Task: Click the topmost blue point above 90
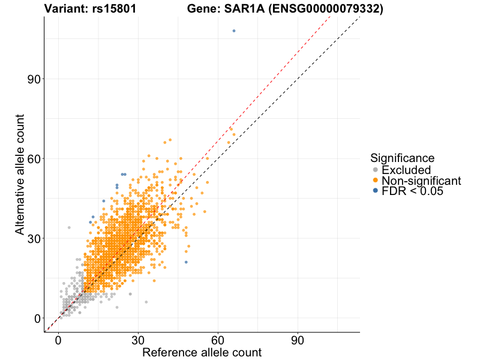(234, 31)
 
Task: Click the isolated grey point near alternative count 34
(69, 227)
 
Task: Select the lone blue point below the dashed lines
(186, 262)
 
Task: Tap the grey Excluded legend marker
(375, 170)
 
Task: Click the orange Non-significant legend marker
(375, 181)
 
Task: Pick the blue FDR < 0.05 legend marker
(375, 191)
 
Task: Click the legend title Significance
(402, 158)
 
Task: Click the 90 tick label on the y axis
(33, 79)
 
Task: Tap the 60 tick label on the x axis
(218, 340)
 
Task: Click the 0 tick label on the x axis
(58, 340)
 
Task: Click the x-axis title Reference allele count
(202, 352)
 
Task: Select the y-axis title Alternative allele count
(20, 174)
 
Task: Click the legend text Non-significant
(421, 181)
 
